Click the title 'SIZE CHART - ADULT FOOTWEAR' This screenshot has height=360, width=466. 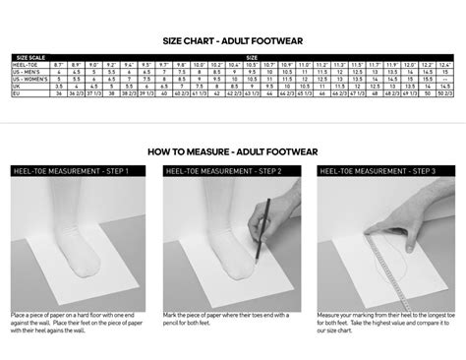[x=232, y=41]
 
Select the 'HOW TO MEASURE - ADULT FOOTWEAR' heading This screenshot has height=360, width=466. [x=232, y=152]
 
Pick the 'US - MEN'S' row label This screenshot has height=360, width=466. [x=26, y=72]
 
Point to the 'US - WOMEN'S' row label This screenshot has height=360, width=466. [x=29, y=79]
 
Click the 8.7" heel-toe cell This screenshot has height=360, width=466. [x=58, y=65]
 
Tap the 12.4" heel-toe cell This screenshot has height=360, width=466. [x=444, y=65]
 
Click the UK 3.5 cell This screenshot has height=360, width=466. [x=58, y=86]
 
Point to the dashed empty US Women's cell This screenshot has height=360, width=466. [x=444, y=79]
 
